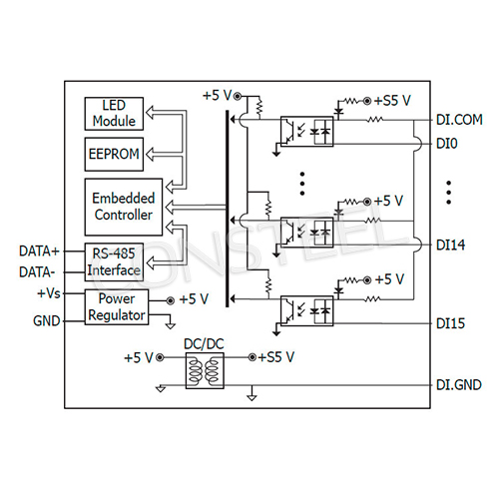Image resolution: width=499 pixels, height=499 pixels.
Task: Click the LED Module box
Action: click(x=113, y=114)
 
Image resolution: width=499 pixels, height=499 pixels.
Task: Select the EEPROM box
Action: click(x=113, y=155)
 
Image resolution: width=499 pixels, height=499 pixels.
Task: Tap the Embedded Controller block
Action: click(x=121, y=207)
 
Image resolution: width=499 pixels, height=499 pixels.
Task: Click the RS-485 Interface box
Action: click(x=113, y=260)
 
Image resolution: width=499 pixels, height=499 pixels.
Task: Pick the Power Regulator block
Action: click(x=115, y=307)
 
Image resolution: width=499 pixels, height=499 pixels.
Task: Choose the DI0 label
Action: click(x=446, y=144)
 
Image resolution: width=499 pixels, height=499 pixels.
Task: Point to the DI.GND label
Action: click(x=458, y=382)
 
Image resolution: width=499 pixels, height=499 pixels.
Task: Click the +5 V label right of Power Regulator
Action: click(x=194, y=299)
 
